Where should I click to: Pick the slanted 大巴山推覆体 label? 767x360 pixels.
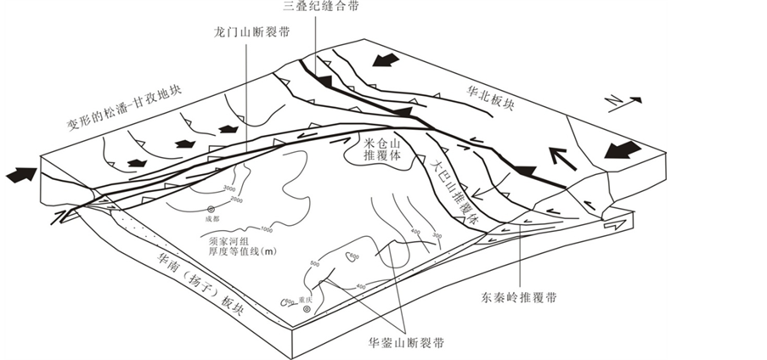456,189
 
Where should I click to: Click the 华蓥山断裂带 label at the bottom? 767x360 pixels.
406,342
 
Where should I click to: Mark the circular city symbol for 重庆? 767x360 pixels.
307,309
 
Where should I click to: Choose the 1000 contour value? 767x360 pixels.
266,230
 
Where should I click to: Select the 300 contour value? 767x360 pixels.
437,235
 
